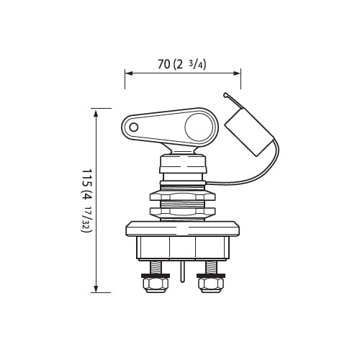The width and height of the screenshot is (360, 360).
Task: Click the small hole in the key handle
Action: (x=134, y=127)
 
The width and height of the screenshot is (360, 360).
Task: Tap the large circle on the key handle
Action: (x=199, y=127)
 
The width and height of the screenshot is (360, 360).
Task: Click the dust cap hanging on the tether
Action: (x=250, y=132)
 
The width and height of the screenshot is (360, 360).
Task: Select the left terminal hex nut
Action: (x=155, y=285)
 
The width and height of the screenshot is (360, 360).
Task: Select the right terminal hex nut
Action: (x=211, y=285)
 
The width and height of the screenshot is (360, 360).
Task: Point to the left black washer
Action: (x=155, y=276)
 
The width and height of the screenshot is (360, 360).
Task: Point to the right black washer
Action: (x=211, y=276)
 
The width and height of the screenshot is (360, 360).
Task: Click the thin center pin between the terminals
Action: (x=182, y=271)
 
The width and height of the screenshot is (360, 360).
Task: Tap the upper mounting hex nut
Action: (x=183, y=197)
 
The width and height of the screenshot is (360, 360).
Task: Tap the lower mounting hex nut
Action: (x=183, y=211)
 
